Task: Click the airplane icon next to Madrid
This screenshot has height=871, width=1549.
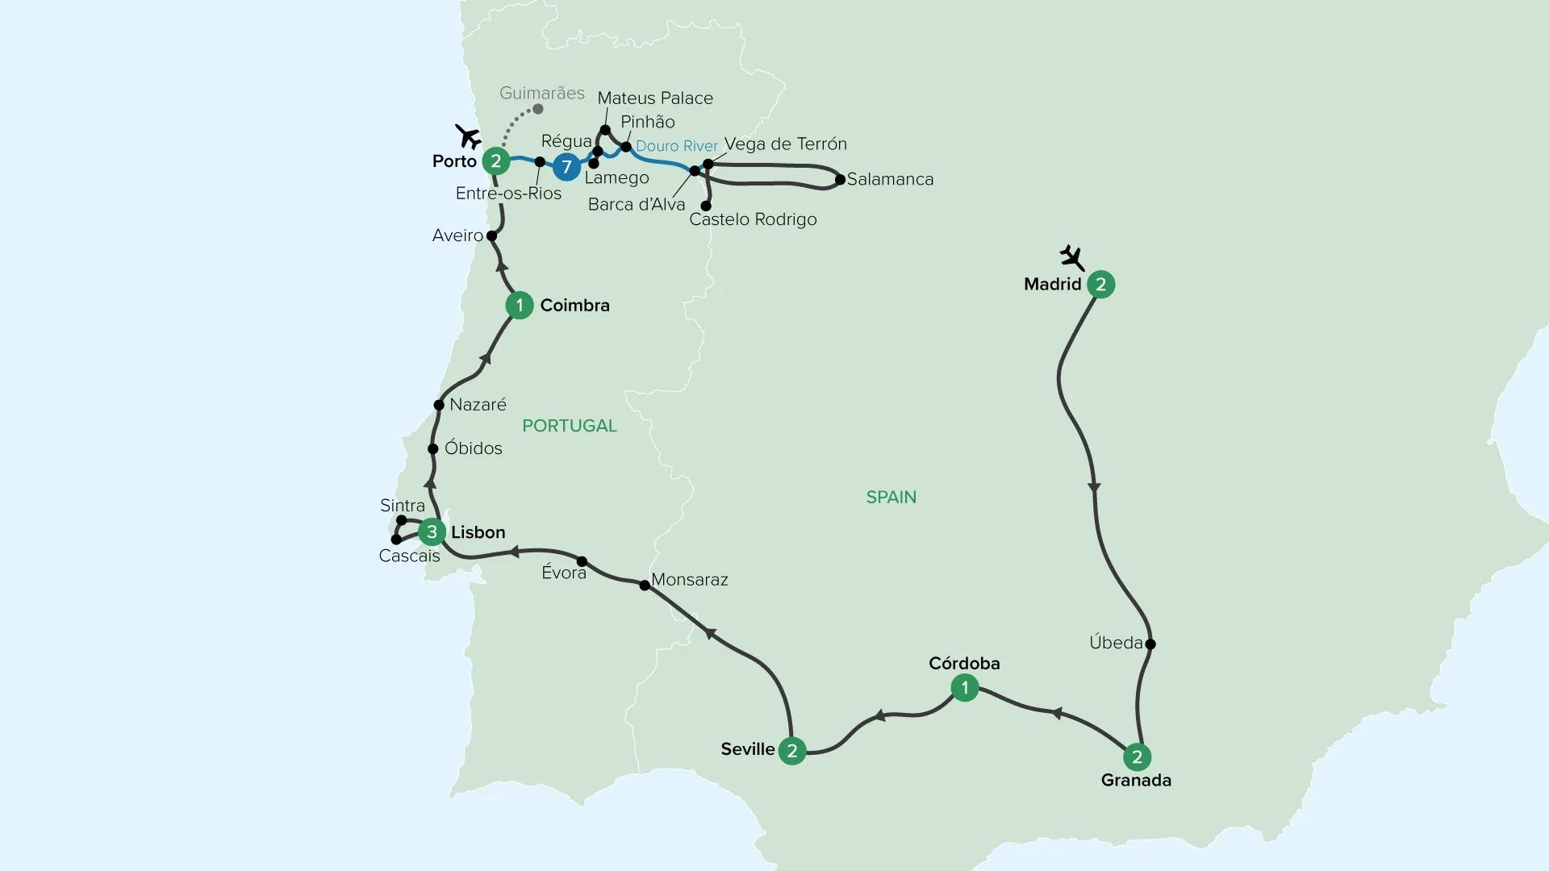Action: pos(1072,258)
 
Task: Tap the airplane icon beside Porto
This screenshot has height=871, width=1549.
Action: pos(467,136)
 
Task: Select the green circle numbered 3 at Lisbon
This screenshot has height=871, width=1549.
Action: pos(432,532)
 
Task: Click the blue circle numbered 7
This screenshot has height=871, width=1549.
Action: pos(566,167)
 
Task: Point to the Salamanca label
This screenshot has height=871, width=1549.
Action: pos(890,180)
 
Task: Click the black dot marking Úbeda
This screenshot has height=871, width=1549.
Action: pos(1150,644)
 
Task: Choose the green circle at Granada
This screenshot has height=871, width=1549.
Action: pos(1137,756)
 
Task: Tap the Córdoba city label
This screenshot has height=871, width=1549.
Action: pos(964,663)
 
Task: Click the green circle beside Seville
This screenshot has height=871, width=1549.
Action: pos(792,752)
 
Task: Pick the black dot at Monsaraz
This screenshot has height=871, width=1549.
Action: pos(645,586)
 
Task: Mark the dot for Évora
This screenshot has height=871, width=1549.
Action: pos(582,561)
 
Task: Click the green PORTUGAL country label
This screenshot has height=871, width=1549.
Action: pos(570,426)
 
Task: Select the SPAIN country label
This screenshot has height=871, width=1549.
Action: pos(891,497)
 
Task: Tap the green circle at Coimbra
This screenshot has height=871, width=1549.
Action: pos(520,305)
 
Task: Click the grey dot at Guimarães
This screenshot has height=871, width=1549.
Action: pos(539,109)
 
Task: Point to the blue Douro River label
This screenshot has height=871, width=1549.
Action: pos(677,146)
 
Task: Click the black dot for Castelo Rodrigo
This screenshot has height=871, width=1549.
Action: pos(706,206)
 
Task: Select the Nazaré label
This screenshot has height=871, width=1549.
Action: pos(478,404)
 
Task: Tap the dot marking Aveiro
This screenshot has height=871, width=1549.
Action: pos(491,236)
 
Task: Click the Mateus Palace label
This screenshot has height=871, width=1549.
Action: pos(655,98)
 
